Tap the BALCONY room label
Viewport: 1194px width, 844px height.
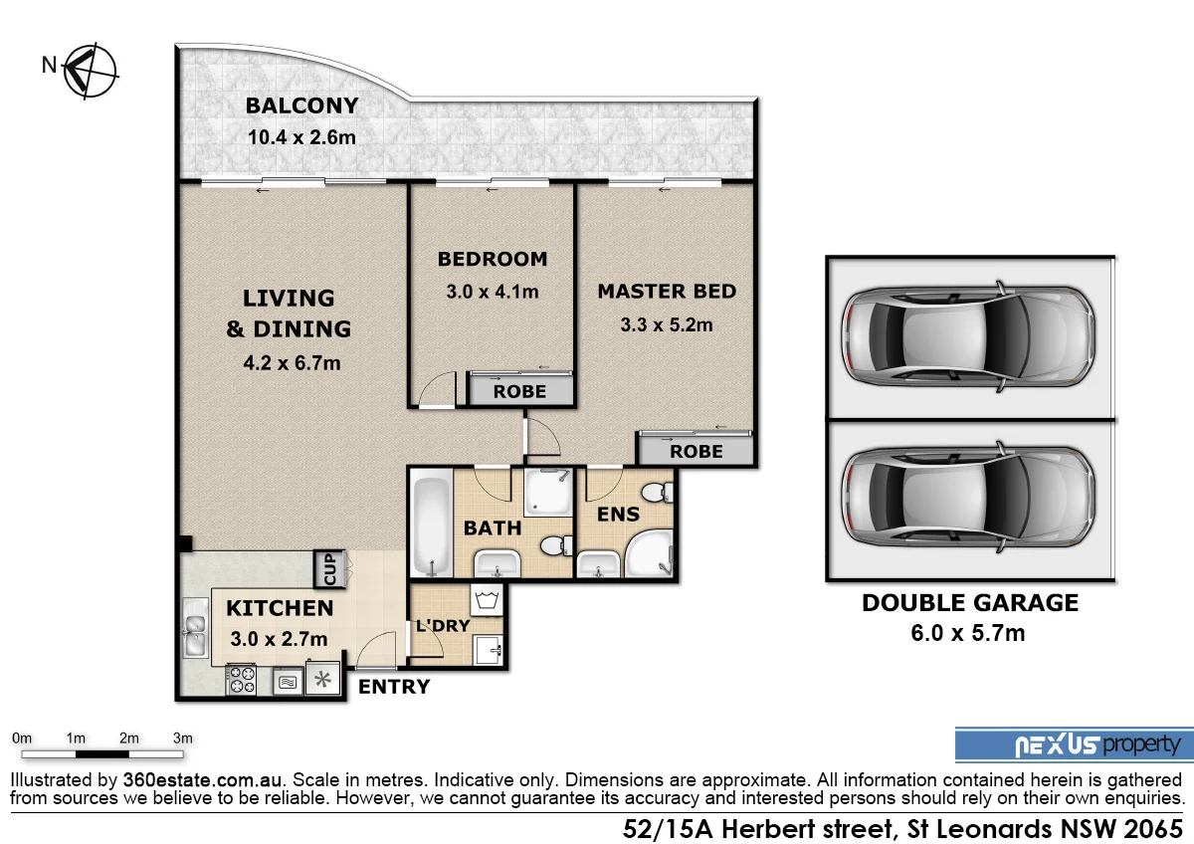click(302, 105)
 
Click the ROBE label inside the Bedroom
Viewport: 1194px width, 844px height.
click(519, 391)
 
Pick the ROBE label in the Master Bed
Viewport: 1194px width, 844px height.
click(696, 451)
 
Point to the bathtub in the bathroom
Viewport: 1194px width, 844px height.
click(431, 526)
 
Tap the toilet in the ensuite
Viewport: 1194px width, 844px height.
click(655, 493)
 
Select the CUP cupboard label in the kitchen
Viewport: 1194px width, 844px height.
click(329, 569)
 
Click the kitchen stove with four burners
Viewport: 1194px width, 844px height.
click(242, 681)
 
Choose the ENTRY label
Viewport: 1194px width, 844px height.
click(394, 687)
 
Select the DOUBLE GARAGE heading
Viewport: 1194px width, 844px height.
click(969, 602)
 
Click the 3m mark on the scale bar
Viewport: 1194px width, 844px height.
click(182, 738)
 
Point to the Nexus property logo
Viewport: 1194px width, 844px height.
click(1069, 744)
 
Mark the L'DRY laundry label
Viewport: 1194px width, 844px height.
click(443, 626)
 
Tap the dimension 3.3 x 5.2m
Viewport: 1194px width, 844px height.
click(667, 324)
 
